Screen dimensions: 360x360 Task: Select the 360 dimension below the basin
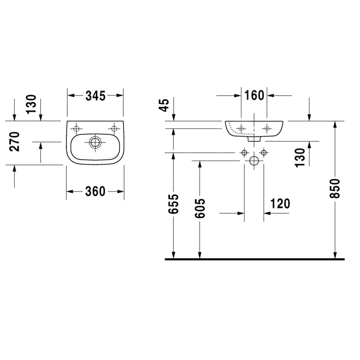95,191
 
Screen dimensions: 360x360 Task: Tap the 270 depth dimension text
15,141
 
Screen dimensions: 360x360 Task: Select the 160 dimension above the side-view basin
254,95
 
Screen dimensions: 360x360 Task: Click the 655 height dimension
175,204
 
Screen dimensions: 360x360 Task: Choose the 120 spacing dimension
280,203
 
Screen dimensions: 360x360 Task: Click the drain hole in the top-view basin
95,142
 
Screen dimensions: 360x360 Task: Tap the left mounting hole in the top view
76,128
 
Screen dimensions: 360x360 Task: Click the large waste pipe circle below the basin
254,161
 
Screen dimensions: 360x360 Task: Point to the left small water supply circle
244,153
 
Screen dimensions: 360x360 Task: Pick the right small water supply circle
263,153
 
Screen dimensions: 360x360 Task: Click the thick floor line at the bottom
255,259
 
